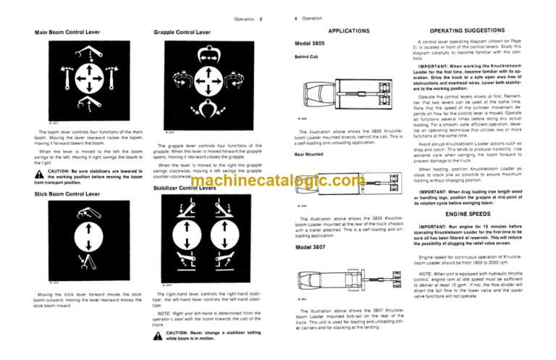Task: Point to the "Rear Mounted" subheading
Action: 309,154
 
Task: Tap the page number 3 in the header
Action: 261,17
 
